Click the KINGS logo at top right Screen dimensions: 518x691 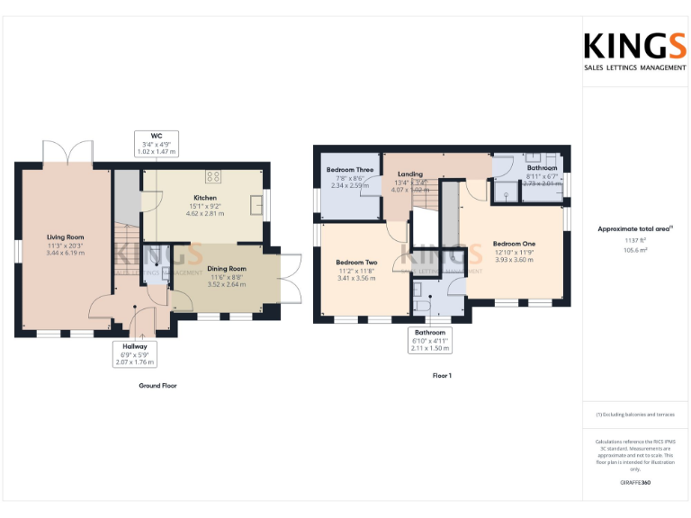pyautogui.click(x=634, y=47)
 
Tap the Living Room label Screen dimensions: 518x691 pyautogui.click(x=65, y=237)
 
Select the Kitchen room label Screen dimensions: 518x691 pyautogui.click(x=205, y=198)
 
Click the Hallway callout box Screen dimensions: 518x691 pyautogui.click(x=135, y=353)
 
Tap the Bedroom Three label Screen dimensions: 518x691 pyautogui.click(x=350, y=170)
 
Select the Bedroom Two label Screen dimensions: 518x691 pyautogui.click(x=357, y=263)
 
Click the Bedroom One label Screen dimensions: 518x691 pyautogui.click(x=514, y=244)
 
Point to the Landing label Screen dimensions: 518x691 pyautogui.click(x=410, y=174)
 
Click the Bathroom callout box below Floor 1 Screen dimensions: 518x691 pyautogui.click(x=429, y=340)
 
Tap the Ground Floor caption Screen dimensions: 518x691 pyautogui.click(x=157, y=385)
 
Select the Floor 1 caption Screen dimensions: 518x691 pyautogui.click(x=442, y=375)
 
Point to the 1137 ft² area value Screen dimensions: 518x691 pyautogui.click(x=635, y=240)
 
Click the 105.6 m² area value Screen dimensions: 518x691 pyautogui.click(x=635, y=250)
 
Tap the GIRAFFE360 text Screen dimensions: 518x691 pyautogui.click(x=635, y=483)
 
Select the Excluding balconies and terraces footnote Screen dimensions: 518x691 pyautogui.click(x=635, y=415)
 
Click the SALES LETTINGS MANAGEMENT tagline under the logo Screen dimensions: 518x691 pyautogui.click(x=635, y=67)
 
